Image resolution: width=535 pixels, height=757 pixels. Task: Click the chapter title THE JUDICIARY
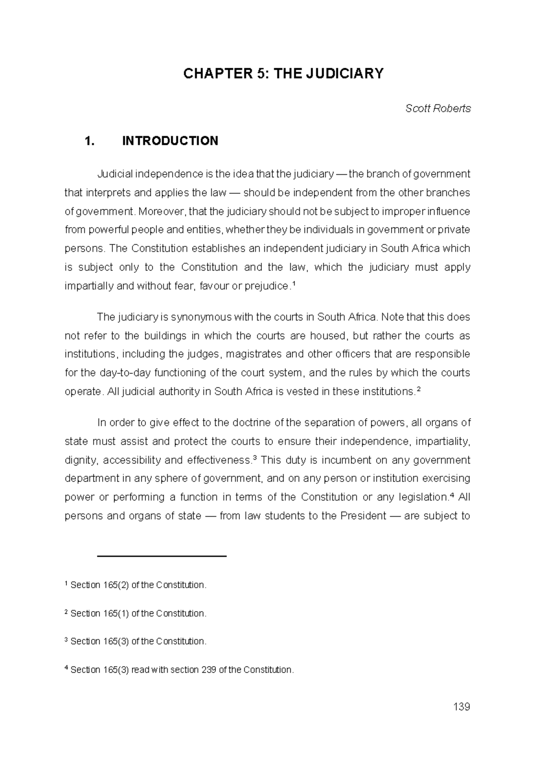coord(284,74)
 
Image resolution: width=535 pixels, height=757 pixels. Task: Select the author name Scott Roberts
coord(438,108)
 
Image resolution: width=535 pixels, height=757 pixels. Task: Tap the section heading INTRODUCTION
coord(170,141)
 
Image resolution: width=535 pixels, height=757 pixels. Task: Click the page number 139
coord(461,707)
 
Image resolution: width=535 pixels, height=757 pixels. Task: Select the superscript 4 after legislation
coord(452,495)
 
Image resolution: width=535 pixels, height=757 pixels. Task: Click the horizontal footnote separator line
coord(162,556)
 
